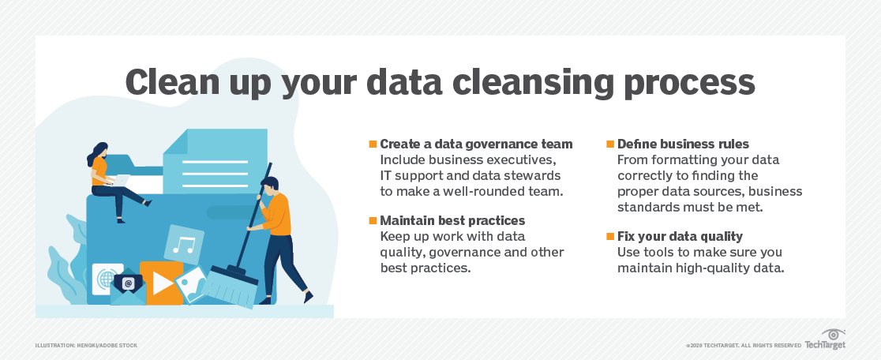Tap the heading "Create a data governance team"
(x=476, y=144)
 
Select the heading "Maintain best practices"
(x=452, y=220)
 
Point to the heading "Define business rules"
(x=683, y=144)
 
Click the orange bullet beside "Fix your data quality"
(x=610, y=236)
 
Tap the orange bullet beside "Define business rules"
(x=610, y=144)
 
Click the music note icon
(x=185, y=244)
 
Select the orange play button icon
(x=161, y=282)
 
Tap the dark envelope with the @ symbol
(x=128, y=284)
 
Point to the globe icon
(x=106, y=279)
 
